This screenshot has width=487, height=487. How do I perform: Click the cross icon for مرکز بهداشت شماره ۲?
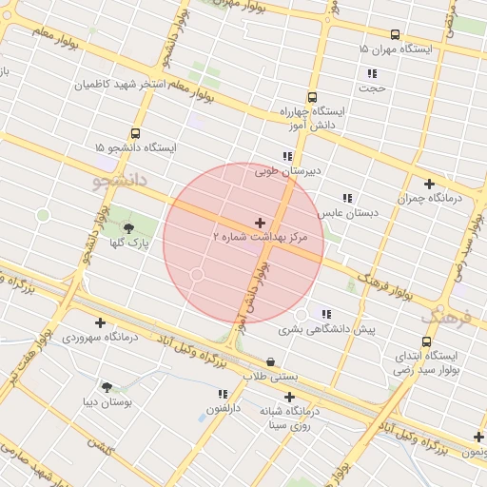click(x=261, y=222)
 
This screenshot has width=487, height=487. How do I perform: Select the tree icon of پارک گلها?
click(x=128, y=227)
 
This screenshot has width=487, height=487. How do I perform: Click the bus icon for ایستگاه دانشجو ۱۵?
click(x=135, y=133)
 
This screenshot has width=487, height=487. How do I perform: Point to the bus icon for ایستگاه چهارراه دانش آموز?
click(x=312, y=97)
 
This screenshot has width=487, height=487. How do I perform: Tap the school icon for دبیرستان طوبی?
click(x=286, y=156)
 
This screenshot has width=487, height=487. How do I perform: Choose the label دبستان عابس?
click(x=348, y=213)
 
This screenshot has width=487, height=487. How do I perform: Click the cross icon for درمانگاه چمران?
click(x=429, y=184)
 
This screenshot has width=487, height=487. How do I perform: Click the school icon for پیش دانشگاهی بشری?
click(x=327, y=314)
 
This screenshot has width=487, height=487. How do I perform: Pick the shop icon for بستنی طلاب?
click(x=271, y=361)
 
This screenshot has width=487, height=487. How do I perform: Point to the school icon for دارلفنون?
click(x=223, y=394)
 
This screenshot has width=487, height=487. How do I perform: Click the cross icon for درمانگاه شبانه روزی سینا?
click(x=290, y=397)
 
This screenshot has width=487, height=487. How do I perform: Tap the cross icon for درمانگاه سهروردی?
click(x=100, y=322)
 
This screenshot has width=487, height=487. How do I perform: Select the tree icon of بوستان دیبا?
click(x=106, y=387)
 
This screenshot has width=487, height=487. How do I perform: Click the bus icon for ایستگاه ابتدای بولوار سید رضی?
click(x=425, y=341)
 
